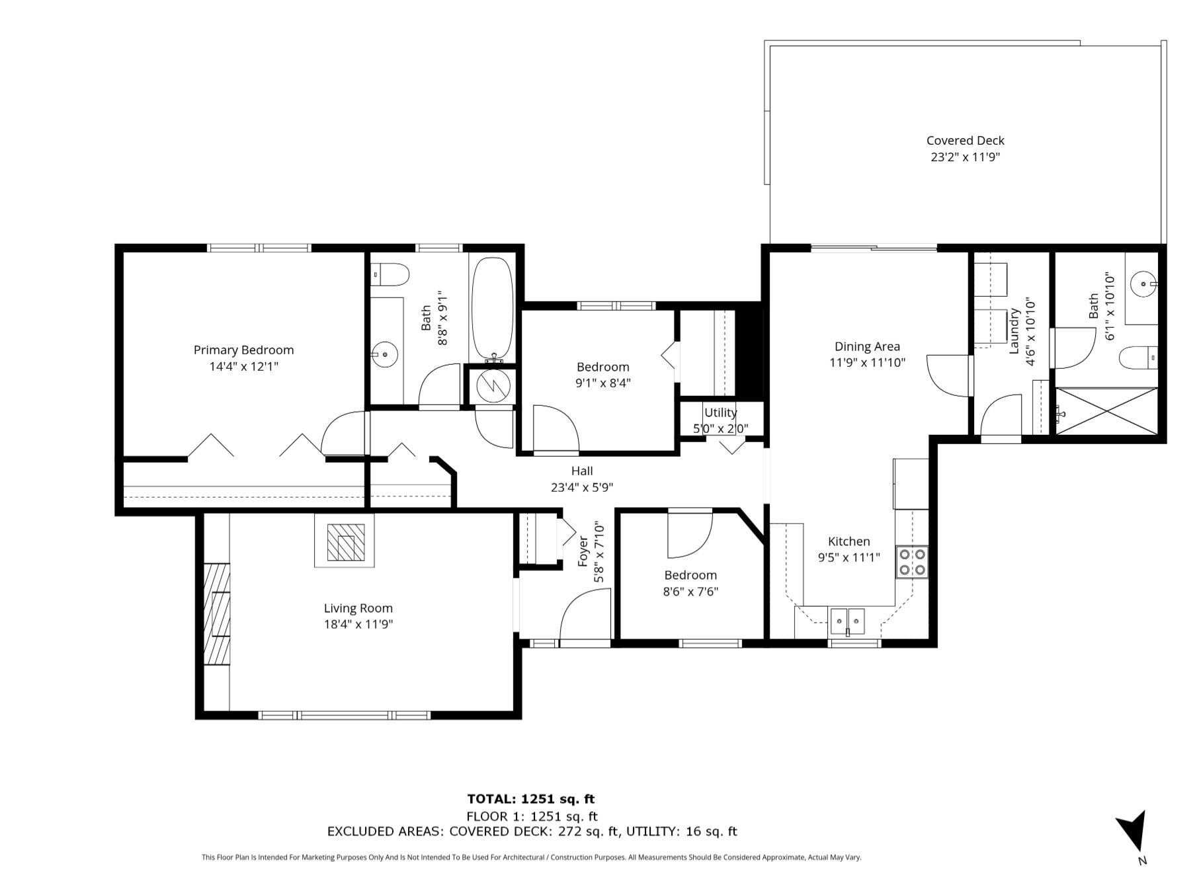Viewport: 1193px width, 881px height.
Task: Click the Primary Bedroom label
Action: pyautogui.click(x=243, y=350)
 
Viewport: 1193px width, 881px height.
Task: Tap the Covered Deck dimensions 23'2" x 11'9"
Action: pyautogui.click(x=965, y=157)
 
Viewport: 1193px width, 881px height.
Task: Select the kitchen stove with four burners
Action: pyautogui.click(x=912, y=562)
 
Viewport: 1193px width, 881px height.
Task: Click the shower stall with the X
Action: pyautogui.click(x=1106, y=411)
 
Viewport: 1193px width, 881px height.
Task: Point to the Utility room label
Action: pyautogui.click(x=720, y=412)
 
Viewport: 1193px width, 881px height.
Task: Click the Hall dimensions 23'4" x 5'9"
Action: pyautogui.click(x=582, y=488)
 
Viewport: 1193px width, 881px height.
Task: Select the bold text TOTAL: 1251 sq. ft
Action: pyautogui.click(x=531, y=799)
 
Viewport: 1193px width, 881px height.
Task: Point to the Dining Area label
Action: pyautogui.click(x=867, y=346)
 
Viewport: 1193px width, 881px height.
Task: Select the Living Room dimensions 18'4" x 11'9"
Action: pyautogui.click(x=358, y=625)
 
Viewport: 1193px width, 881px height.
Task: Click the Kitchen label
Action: pyautogui.click(x=849, y=541)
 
